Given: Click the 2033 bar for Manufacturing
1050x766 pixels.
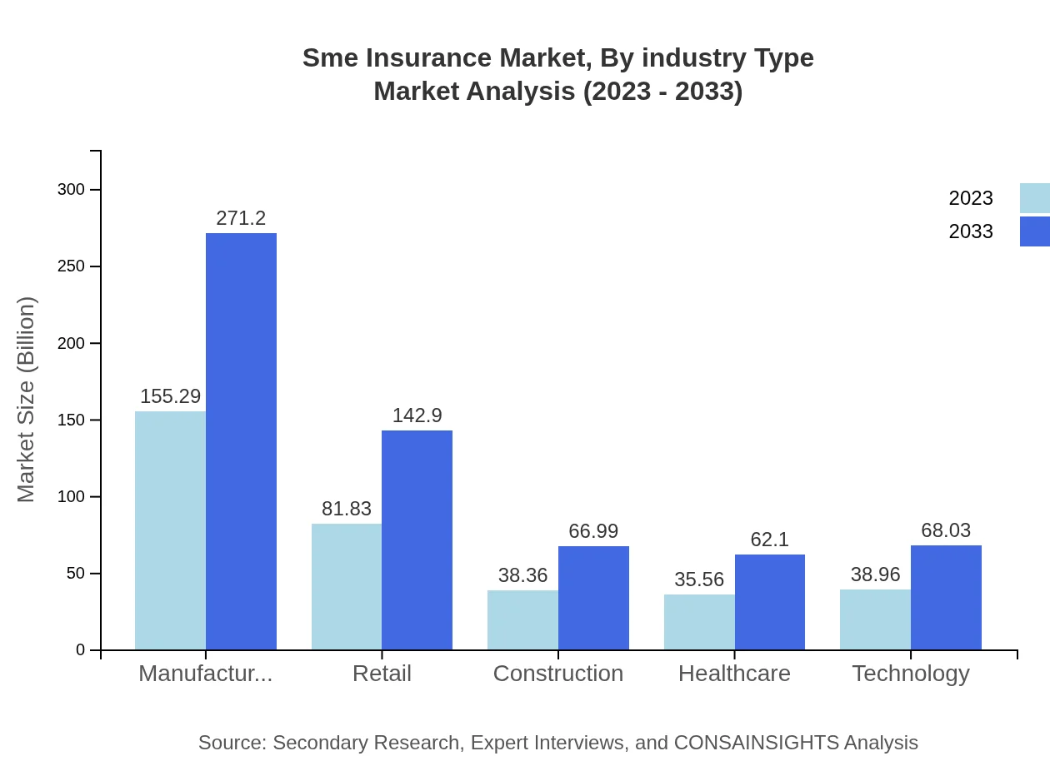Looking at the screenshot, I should [x=241, y=441].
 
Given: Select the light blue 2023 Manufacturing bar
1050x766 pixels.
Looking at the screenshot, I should [x=170, y=530].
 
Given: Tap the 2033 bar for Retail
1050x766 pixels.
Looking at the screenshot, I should [x=417, y=540].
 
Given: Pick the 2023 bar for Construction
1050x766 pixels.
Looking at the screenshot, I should [x=522, y=620].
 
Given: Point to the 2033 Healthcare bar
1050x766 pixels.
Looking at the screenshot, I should [x=769, y=602].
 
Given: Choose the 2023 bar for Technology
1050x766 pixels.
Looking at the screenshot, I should [x=875, y=619].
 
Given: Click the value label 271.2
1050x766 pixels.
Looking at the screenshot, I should [x=241, y=218].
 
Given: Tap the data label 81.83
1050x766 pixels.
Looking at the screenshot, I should [x=347, y=509].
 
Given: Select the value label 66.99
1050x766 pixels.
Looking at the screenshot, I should [x=593, y=531].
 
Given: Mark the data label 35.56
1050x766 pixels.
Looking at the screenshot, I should [x=699, y=579].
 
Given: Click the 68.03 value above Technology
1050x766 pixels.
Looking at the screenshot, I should [x=946, y=530].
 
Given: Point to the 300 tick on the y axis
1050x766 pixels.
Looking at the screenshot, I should [x=71, y=190].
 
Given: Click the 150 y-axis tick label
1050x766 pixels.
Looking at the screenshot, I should [x=71, y=420].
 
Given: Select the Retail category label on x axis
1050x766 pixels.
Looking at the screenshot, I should [x=382, y=674].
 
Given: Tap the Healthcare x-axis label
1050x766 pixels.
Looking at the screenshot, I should [x=734, y=674].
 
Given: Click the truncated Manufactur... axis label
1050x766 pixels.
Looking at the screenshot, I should [x=205, y=674].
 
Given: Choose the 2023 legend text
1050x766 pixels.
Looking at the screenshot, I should [x=971, y=198].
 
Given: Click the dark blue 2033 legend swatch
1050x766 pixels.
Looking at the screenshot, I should [x=1034, y=231].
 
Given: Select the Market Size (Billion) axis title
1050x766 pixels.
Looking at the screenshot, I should [x=27, y=400].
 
